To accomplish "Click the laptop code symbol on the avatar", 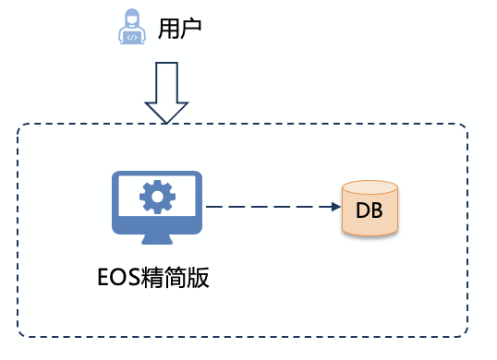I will click(133, 38).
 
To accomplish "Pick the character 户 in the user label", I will click(189, 30).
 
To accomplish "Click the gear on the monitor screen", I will click(156, 196).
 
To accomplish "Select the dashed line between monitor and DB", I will click(268, 207).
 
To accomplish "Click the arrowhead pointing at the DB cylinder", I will click(335, 207).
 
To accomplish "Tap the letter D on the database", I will click(363, 209).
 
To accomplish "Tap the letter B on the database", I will click(377, 209).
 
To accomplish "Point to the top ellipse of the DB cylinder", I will click(370, 188).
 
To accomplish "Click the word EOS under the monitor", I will click(119, 277).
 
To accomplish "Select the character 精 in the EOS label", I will click(153, 277).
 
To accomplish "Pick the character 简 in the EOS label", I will click(176, 277).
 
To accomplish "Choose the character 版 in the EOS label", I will click(198, 277).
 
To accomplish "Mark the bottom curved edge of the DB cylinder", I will click(370, 234).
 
